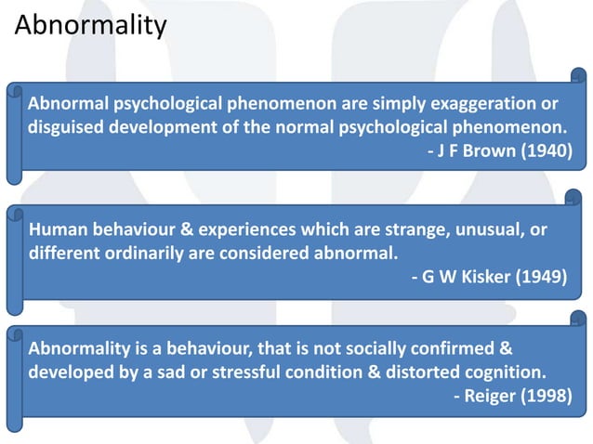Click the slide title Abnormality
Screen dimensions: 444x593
click(90, 24)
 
